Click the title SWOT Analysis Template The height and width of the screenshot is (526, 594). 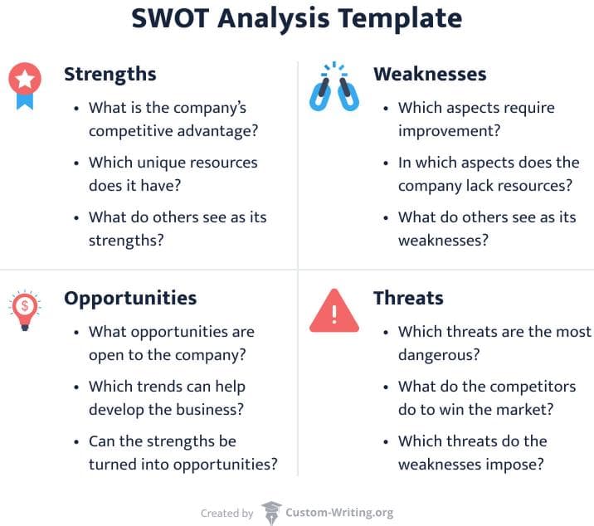pyautogui.click(x=296, y=18)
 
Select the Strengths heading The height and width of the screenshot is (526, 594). pyautogui.click(x=110, y=74)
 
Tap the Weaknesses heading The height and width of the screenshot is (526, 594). pyautogui.click(x=430, y=74)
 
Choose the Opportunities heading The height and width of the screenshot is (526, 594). pyautogui.click(x=130, y=298)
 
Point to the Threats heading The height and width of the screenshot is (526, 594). pyautogui.click(x=408, y=298)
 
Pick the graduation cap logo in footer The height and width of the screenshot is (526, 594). pyautogui.click(x=271, y=513)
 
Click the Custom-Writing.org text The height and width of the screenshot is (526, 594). pyautogui.click(x=339, y=514)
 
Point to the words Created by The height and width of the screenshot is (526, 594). pyautogui.click(x=227, y=514)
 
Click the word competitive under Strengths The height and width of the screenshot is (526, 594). pyautogui.click(x=130, y=131)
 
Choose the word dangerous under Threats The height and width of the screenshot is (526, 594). pyautogui.click(x=440, y=355)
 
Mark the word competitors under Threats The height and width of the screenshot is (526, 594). pyautogui.click(x=532, y=387)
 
